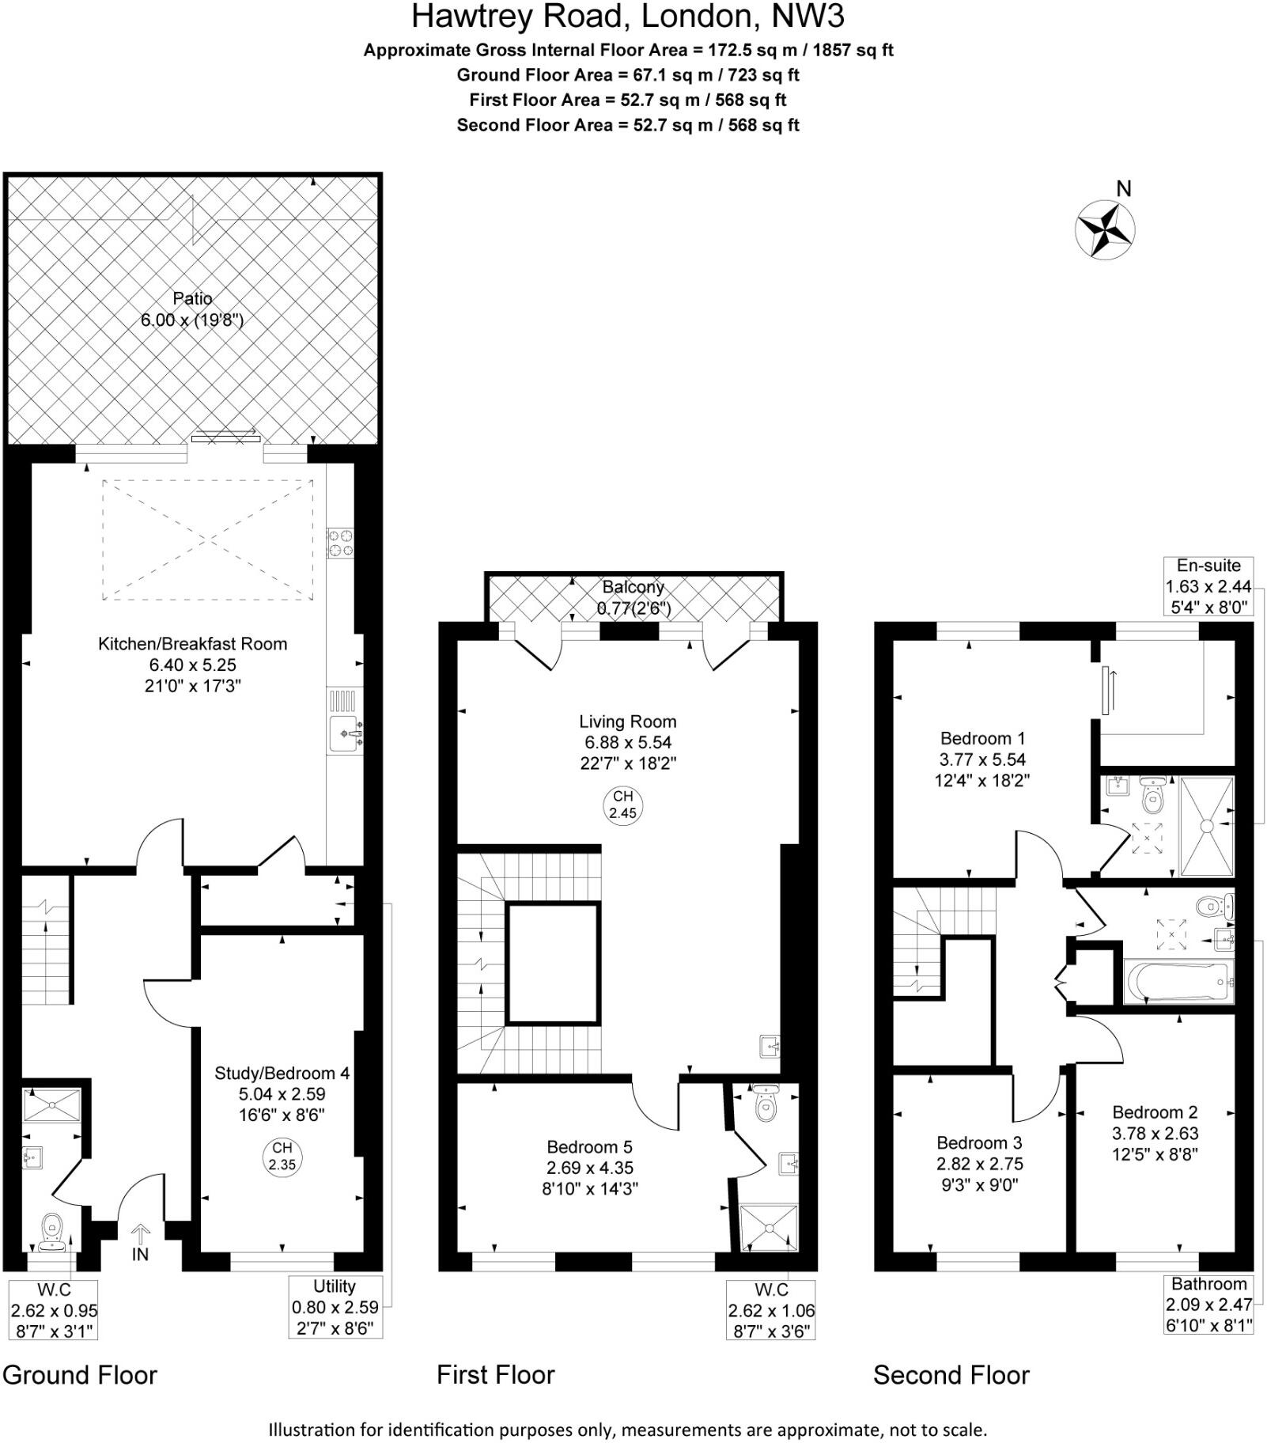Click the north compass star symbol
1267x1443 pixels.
[x=1104, y=229]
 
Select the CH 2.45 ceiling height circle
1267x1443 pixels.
[x=622, y=805]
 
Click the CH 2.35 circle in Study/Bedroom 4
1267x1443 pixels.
[x=282, y=1156]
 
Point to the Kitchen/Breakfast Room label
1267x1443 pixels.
[x=192, y=665]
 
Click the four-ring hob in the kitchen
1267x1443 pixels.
[x=341, y=543]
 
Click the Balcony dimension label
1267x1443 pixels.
[x=633, y=597]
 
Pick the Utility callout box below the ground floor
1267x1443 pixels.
[x=335, y=1306]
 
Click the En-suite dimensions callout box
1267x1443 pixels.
[x=1208, y=586]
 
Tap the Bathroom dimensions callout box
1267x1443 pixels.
[x=1208, y=1304]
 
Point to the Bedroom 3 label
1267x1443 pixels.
[x=979, y=1163]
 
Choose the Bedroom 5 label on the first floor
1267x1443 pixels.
[x=590, y=1167]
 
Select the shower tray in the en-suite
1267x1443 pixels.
[x=1207, y=826]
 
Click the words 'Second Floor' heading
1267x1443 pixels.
[x=951, y=1374]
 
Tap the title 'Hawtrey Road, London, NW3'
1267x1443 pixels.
[x=628, y=16]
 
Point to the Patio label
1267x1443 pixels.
[x=192, y=309]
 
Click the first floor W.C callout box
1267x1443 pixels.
[x=770, y=1309]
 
